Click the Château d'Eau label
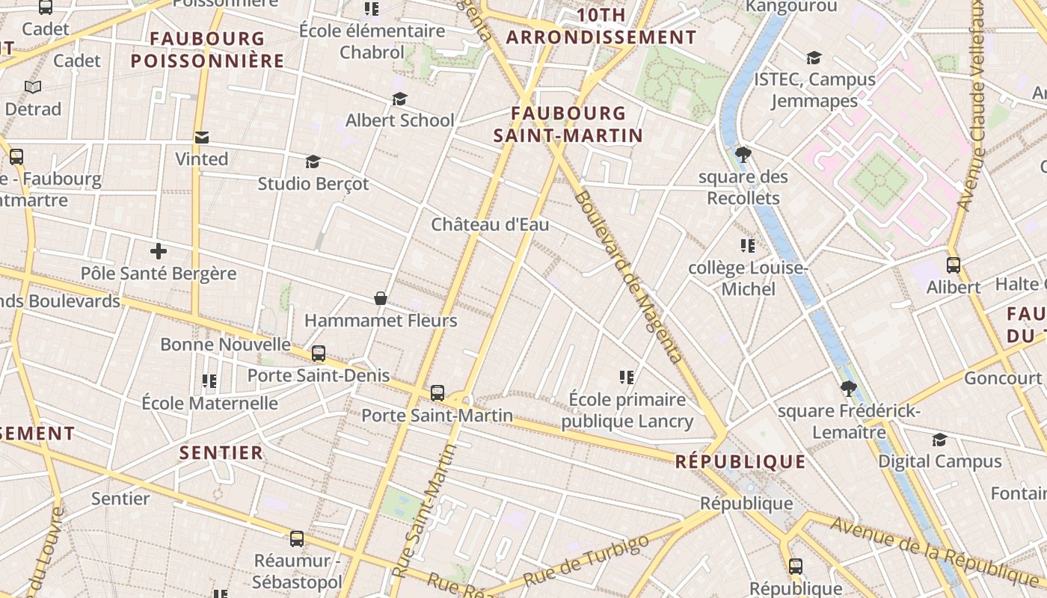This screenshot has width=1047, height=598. [490, 224]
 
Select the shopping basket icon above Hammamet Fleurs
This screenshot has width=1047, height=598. [381, 299]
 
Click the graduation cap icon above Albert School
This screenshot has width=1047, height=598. [400, 99]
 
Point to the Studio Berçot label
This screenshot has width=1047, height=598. [313, 183]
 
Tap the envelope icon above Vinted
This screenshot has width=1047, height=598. [202, 138]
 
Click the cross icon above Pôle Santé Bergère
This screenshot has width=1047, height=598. [159, 252]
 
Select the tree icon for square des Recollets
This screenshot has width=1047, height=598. [743, 155]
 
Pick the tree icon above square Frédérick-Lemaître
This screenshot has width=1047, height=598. [848, 389]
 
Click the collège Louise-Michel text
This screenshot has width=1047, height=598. [748, 278]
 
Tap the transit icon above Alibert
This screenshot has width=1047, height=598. [954, 265]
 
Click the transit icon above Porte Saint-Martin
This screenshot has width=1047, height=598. [437, 393]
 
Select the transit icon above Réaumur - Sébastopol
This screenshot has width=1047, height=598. [297, 538]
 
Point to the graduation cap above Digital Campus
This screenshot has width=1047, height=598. [939, 440]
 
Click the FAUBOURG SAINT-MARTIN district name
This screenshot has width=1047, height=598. [568, 124]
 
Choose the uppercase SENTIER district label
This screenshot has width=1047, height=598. [221, 452]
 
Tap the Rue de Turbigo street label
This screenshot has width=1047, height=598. [586, 561]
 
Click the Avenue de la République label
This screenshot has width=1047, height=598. [935, 552]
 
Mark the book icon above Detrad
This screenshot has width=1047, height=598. [33, 87]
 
